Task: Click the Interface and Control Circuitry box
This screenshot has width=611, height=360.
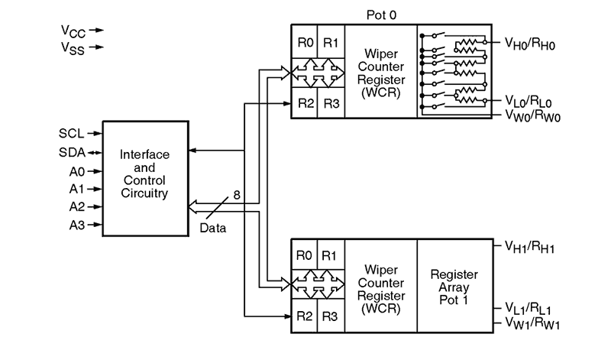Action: point(144,179)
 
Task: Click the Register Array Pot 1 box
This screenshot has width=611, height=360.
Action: point(454,287)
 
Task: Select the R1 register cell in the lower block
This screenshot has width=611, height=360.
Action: point(331,255)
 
